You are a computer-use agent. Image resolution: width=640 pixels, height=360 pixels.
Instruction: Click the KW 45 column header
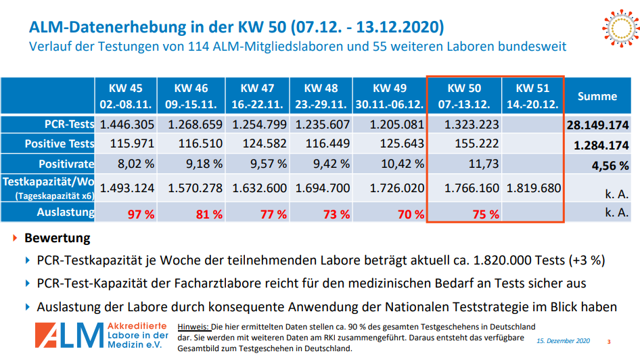tap(127, 96)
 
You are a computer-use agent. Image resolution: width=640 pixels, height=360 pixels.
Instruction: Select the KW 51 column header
tap(532, 96)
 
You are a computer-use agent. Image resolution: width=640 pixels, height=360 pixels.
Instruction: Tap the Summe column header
tap(597, 96)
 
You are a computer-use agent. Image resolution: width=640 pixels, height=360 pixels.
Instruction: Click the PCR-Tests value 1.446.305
tap(127, 125)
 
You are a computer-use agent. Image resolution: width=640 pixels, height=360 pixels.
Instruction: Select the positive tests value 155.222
tap(472, 143)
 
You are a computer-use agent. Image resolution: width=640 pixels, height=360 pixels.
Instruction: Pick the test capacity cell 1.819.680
tap(533, 188)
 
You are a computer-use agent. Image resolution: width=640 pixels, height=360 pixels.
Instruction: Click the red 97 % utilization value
tap(141, 214)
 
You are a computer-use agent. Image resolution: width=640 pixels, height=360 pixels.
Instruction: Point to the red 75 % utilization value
tap(485, 214)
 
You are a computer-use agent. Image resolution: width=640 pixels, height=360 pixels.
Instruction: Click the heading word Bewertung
tap(57, 238)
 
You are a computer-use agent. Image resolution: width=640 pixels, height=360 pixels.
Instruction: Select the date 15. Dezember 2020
tap(564, 341)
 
